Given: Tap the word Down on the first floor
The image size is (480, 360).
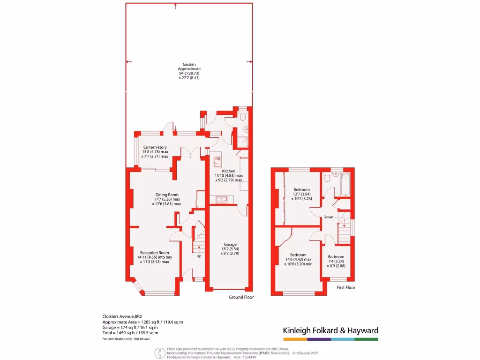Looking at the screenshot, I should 328,217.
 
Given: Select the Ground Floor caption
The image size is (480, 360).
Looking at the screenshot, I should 241,297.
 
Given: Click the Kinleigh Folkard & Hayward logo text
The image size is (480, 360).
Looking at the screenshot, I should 330,330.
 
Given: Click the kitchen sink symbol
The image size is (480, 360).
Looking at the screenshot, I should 217,162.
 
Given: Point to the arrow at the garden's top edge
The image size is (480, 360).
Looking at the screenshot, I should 175,6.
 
